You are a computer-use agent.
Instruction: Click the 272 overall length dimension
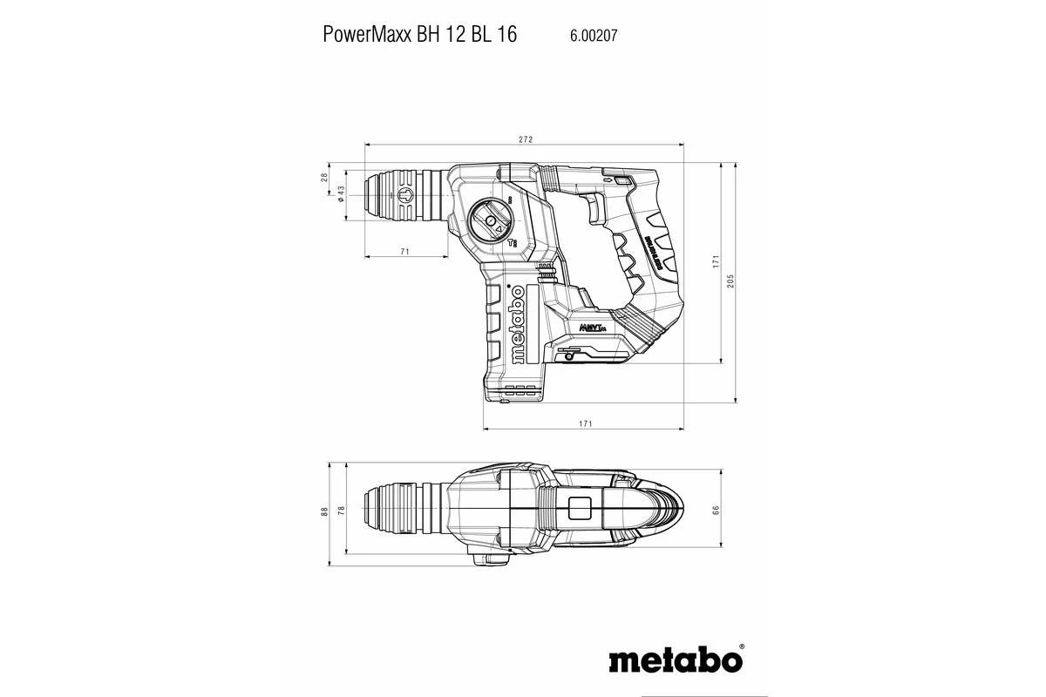[525, 139]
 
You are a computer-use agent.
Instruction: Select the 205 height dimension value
[730, 281]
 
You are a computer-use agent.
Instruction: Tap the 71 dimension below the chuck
[405, 251]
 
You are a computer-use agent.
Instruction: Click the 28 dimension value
[325, 177]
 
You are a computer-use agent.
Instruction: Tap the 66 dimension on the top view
[717, 510]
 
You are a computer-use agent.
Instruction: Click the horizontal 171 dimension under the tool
[585, 423]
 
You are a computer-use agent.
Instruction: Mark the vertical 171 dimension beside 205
[715, 261]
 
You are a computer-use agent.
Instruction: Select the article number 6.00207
[594, 36]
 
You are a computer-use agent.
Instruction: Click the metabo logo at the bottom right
[676, 660]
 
